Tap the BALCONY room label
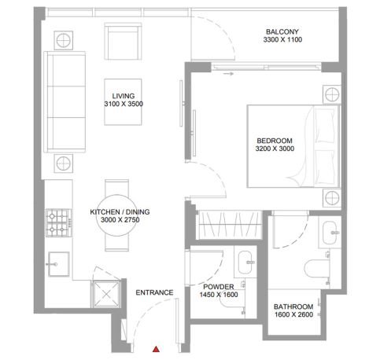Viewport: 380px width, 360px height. click(x=281, y=31)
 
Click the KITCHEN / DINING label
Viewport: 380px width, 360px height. click(x=120, y=212)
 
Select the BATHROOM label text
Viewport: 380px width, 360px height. click(x=294, y=307)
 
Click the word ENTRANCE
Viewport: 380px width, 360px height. click(x=154, y=292)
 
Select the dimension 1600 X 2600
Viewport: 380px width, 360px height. click(x=294, y=315)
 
